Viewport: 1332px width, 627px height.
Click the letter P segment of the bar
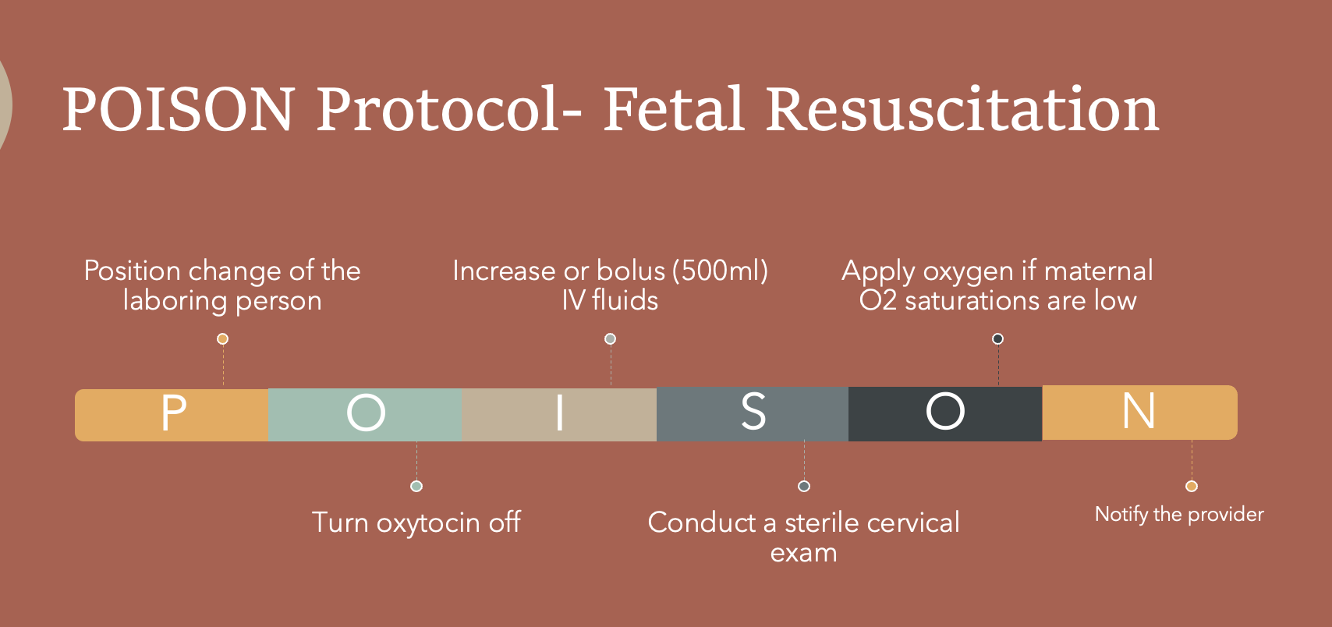point(172,414)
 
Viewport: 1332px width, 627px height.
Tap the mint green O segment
point(365,414)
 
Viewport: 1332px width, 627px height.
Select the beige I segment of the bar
point(559,414)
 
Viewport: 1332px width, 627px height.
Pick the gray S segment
point(753,414)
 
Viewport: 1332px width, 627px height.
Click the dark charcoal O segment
point(945,413)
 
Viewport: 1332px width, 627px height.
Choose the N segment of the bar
point(1139,412)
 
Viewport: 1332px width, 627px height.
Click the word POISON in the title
point(179,109)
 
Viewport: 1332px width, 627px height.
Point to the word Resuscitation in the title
point(962,109)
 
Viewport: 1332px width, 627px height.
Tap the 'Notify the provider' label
point(1179,514)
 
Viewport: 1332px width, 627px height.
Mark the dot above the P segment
point(222,338)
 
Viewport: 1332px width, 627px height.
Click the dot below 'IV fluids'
point(611,338)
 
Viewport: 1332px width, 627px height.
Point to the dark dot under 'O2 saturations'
point(997,338)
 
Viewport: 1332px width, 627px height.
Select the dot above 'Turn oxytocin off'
point(416,486)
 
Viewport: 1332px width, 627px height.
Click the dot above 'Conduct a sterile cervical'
point(804,486)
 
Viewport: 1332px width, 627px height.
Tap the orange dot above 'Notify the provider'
point(1192,486)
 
